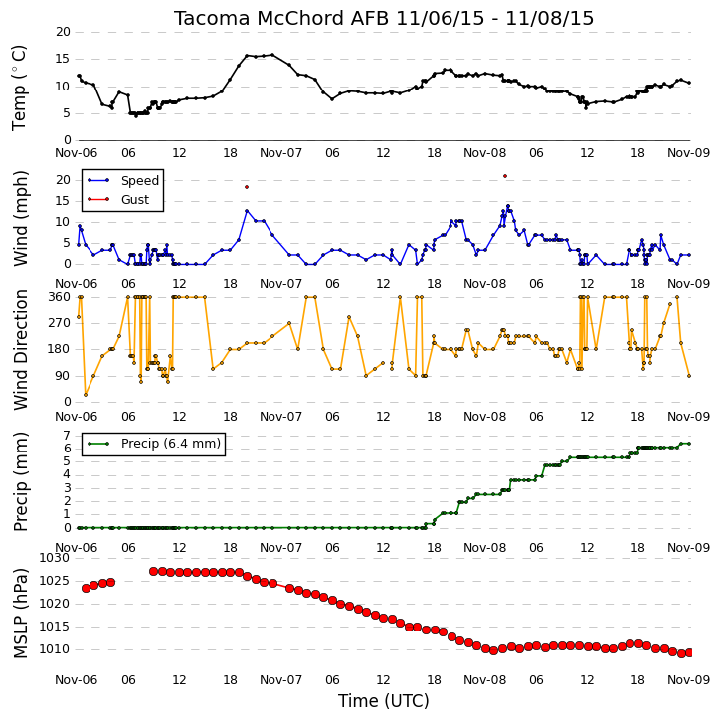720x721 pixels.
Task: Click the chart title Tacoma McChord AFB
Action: [281, 18]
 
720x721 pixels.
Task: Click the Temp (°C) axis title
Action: [19, 88]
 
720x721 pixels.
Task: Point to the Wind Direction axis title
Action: [20, 350]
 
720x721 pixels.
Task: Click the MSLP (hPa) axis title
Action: [20, 613]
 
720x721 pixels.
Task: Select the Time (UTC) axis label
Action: [384, 701]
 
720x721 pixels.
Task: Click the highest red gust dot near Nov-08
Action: [505, 176]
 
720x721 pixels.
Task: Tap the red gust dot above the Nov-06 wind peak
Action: [247, 187]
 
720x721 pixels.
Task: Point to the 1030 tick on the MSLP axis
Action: [55, 558]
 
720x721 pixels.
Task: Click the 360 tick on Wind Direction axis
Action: [60, 297]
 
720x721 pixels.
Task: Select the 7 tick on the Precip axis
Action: [67, 436]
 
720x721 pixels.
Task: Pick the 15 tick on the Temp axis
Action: [63, 59]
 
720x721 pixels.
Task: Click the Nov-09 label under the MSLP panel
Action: [688, 680]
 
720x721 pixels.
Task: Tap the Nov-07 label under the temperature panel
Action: [280, 153]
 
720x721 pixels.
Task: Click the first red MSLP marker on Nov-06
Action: [86, 588]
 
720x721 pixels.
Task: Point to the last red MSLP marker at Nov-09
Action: [689, 653]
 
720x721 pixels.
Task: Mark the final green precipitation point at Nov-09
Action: [689, 444]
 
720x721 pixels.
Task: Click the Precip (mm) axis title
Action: [20, 482]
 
